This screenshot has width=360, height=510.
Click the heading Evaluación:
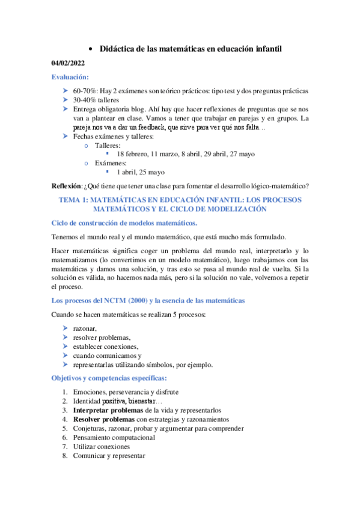[x=70, y=77]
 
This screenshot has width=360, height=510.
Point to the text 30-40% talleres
[x=96, y=100]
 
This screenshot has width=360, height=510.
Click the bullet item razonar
[x=85, y=328]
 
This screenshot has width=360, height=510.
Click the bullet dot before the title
[x=90, y=49]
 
